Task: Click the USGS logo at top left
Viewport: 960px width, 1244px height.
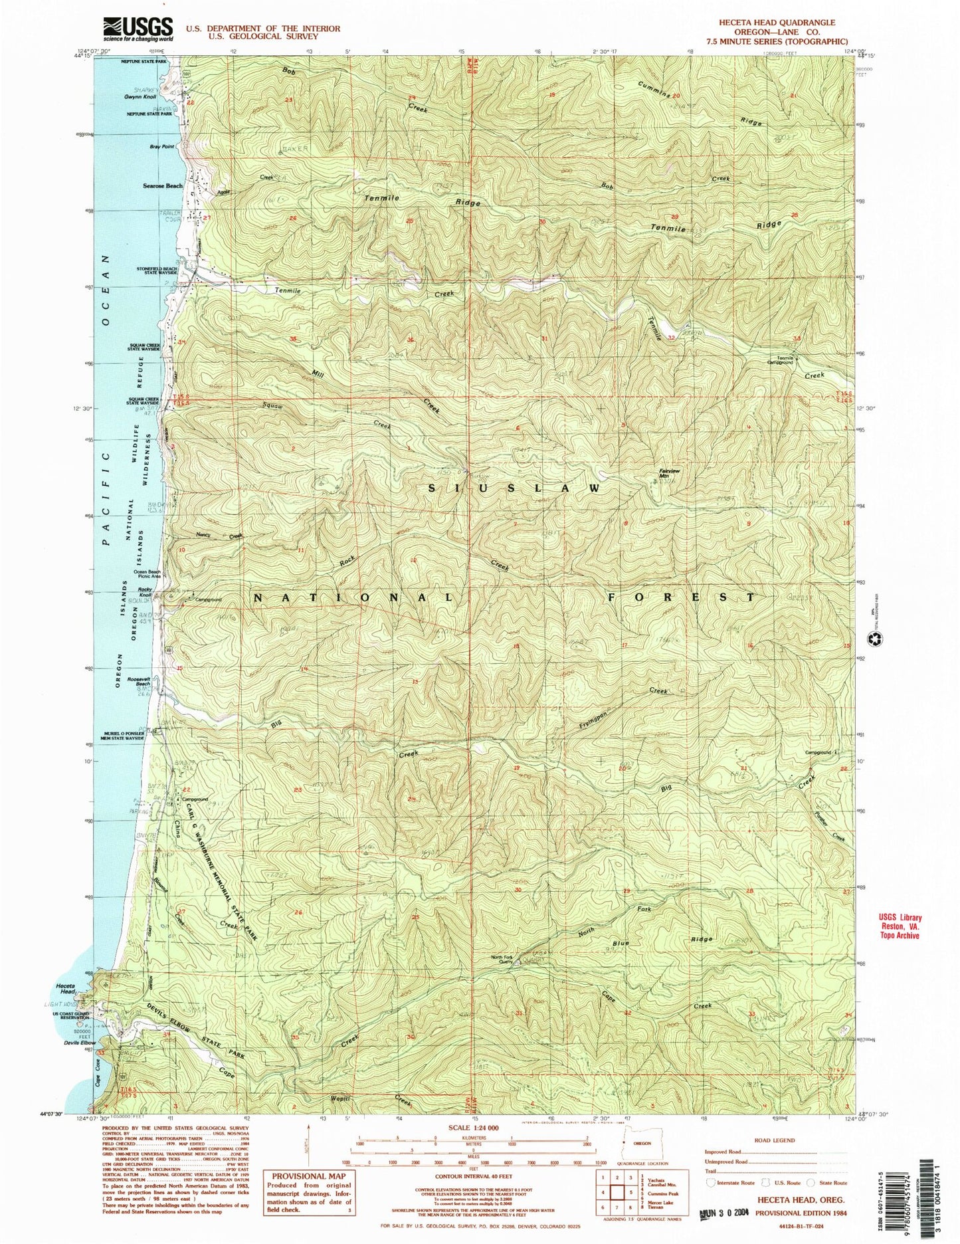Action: tap(138, 29)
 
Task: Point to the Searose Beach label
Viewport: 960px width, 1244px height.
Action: tap(163, 186)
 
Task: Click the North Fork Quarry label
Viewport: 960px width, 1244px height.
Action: tap(502, 960)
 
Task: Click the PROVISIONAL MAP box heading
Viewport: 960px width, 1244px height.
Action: tap(309, 1176)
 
